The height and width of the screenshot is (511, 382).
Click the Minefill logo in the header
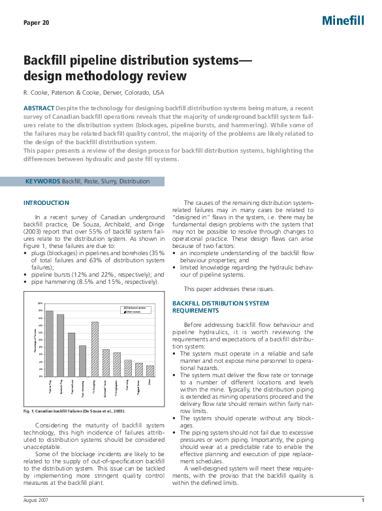point(343,21)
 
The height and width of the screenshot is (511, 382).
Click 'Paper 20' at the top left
point(36,23)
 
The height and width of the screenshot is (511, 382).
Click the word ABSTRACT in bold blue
point(39,108)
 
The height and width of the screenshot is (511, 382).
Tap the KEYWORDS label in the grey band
point(42,180)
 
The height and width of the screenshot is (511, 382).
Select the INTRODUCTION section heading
point(46,203)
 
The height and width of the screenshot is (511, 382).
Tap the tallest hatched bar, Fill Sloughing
point(95,349)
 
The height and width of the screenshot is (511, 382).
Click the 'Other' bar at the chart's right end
point(150,371)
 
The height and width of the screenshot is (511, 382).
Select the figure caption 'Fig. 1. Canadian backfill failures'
point(74,411)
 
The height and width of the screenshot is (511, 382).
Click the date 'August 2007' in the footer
point(36,499)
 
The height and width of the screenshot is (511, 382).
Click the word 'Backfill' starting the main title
point(47,61)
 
